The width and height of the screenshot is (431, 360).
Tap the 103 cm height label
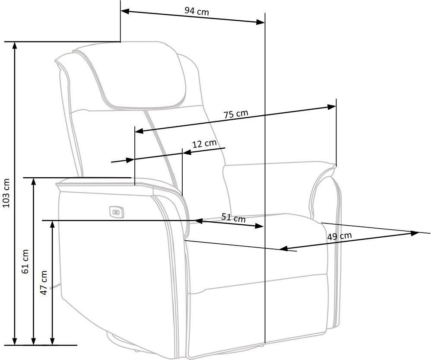tap(6, 193)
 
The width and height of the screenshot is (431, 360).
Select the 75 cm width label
tap(235, 114)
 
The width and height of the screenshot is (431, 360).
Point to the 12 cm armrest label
tap(204, 143)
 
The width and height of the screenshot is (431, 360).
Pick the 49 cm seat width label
tap(339, 236)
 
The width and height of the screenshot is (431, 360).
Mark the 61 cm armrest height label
tap(25, 261)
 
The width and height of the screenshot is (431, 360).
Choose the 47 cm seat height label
tap(44, 283)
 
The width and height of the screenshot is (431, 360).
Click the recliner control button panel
tap(117, 212)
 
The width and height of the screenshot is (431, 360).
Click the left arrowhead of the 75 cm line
tap(139, 131)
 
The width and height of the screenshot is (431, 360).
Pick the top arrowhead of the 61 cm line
tap(33, 182)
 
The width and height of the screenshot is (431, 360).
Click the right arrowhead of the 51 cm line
tap(260, 226)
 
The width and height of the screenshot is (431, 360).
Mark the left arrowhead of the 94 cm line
tap(125, 11)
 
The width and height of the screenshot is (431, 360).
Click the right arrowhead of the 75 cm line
tap(332, 107)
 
